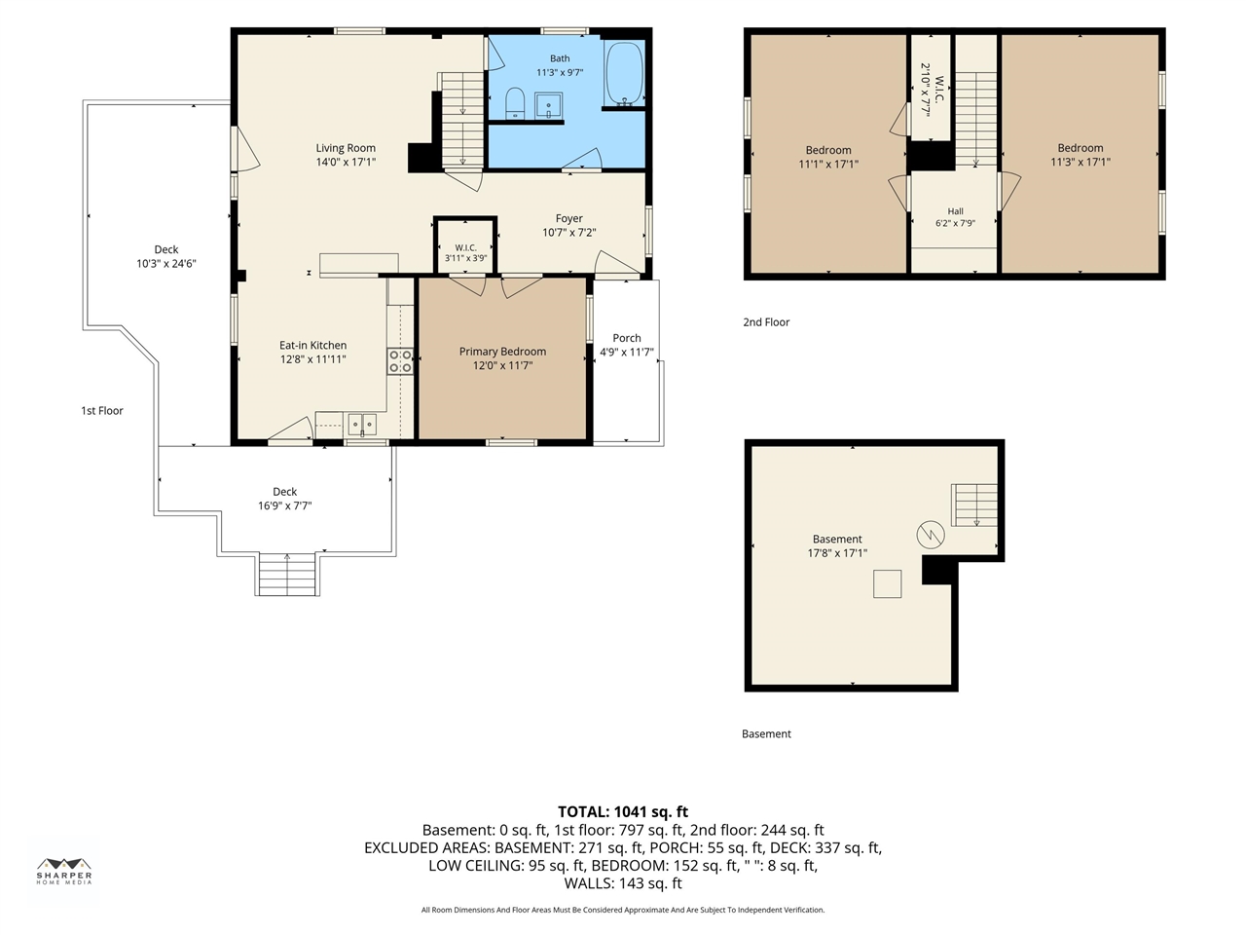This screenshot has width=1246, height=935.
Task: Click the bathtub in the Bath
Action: [x=624, y=73]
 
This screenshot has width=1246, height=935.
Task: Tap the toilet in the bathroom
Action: [x=515, y=103]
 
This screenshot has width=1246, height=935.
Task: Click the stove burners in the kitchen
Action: [x=400, y=361]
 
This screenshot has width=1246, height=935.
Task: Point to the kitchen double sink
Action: [x=362, y=424]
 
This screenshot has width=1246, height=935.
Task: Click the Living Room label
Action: [x=346, y=148]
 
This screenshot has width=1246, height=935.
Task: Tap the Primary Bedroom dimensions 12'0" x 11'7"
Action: [x=503, y=365]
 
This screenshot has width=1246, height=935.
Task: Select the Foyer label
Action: [x=569, y=218]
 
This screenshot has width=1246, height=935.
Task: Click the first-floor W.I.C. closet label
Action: [x=465, y=247]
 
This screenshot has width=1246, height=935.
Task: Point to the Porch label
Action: [x=627, y=338]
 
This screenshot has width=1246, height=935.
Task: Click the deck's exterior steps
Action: [x=287, y=574]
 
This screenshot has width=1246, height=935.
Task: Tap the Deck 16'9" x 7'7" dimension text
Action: [x=285, y=505]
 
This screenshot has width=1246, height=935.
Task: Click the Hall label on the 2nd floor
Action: [x=955, y=211]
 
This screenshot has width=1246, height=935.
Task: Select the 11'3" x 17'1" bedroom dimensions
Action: [x=1081, y=162]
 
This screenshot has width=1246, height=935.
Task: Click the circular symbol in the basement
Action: [x=931, y=535]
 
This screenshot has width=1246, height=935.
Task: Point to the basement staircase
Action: [x=974, y=505]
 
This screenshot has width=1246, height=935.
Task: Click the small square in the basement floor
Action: [x=887, y=583]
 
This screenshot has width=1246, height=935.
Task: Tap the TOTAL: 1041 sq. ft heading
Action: [x=623, y=812]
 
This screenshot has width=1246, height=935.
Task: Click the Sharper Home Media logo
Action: [x=64, y=871]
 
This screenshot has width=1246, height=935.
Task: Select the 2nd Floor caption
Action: [x=766, y=322]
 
